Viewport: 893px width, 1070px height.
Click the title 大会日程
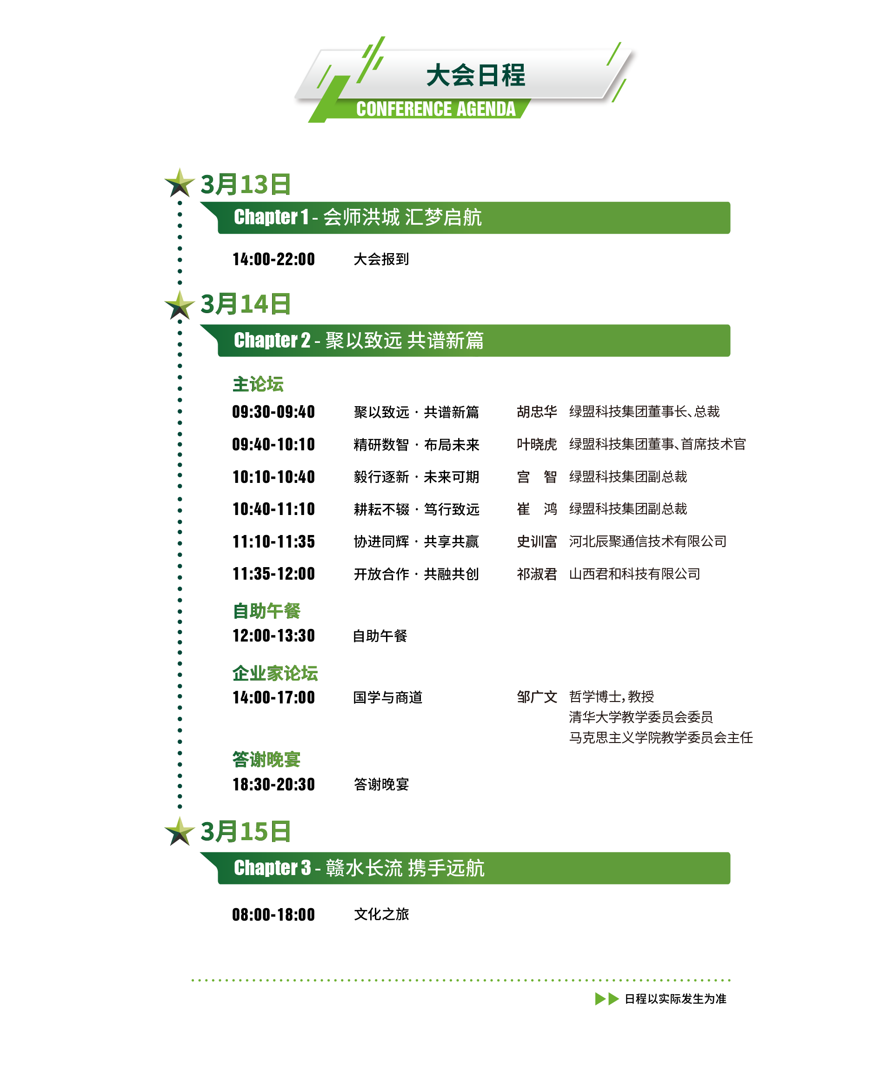[475, 75]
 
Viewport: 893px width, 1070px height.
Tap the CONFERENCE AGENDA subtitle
[435, 109]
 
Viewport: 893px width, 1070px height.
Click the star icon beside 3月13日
[180, 183]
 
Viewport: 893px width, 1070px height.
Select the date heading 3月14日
[245, 304]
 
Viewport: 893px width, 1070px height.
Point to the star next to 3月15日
[180, 831]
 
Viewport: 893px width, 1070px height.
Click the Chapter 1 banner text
[357, 218]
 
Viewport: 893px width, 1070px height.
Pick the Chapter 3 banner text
[359, 868]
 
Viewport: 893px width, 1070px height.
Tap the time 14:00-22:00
[273, 259]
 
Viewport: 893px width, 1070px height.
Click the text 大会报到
[381, 259]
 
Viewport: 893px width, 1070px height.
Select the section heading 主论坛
[258, 384]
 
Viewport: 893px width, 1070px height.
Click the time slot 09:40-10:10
[273, 444]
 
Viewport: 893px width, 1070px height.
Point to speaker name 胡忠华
[536, 412]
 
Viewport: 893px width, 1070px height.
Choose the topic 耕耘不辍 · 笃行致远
[416, 509]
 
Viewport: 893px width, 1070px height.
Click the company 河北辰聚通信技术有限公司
[647, 541]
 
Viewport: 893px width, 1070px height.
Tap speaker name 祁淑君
[536, 574]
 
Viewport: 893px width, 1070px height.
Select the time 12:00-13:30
[273, 636]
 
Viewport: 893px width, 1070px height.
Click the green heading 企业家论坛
[275, 674]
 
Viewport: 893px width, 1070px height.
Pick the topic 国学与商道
[387, 697]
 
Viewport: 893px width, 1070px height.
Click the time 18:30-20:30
[273, 784]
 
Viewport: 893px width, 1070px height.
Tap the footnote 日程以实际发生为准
[675, 999]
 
